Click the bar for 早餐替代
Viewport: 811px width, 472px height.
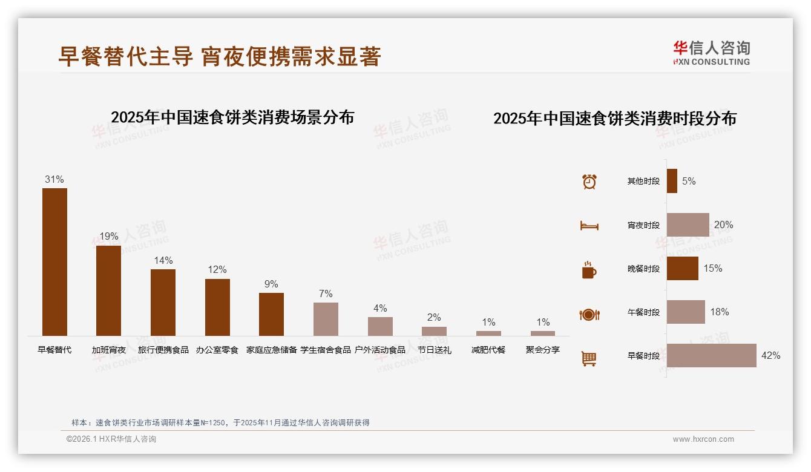54,261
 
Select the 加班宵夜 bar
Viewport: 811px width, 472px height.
108,290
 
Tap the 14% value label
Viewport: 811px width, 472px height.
163,260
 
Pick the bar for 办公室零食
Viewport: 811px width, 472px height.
217,307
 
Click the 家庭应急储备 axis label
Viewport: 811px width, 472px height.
271,350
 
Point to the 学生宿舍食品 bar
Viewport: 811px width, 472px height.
326,319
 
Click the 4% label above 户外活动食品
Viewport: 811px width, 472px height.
380,308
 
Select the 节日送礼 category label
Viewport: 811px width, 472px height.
434,350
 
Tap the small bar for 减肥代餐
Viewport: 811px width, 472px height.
488,333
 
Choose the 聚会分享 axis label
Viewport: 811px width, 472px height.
543,350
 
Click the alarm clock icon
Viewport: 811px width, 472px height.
589,182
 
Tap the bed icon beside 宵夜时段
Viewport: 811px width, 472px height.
589,226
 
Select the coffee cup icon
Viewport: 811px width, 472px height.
589,270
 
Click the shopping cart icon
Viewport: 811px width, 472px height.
589,358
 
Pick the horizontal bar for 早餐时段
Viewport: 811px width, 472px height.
711,356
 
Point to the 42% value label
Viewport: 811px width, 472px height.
770,356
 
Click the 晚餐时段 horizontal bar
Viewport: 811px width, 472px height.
682,269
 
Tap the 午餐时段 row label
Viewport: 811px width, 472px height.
643,312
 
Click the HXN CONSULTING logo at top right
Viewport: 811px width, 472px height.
711,53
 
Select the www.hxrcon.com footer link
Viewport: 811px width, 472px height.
703,439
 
